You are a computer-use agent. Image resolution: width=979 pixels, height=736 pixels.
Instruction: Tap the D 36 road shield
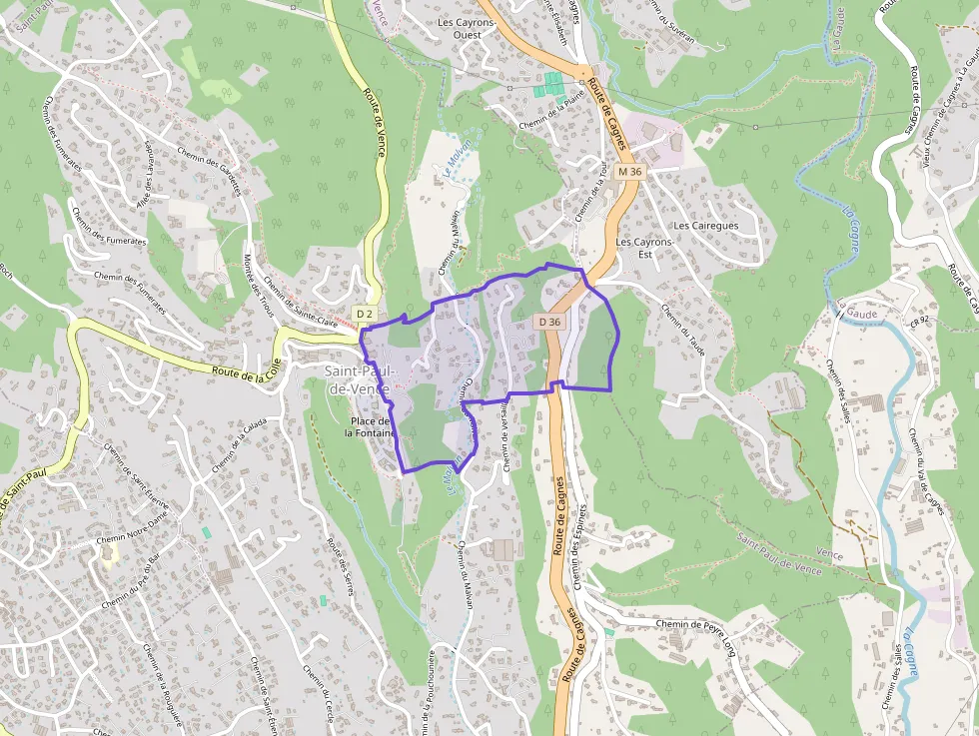pos(549,322)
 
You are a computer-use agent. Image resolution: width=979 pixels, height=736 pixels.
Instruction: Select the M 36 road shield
pos(629,172)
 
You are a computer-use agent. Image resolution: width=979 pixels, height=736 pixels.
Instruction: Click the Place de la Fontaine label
pos(371,426)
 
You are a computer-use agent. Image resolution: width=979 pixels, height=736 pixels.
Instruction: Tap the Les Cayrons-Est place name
pos(644,248)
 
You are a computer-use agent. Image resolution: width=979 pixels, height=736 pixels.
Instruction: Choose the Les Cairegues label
pos(705,226)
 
